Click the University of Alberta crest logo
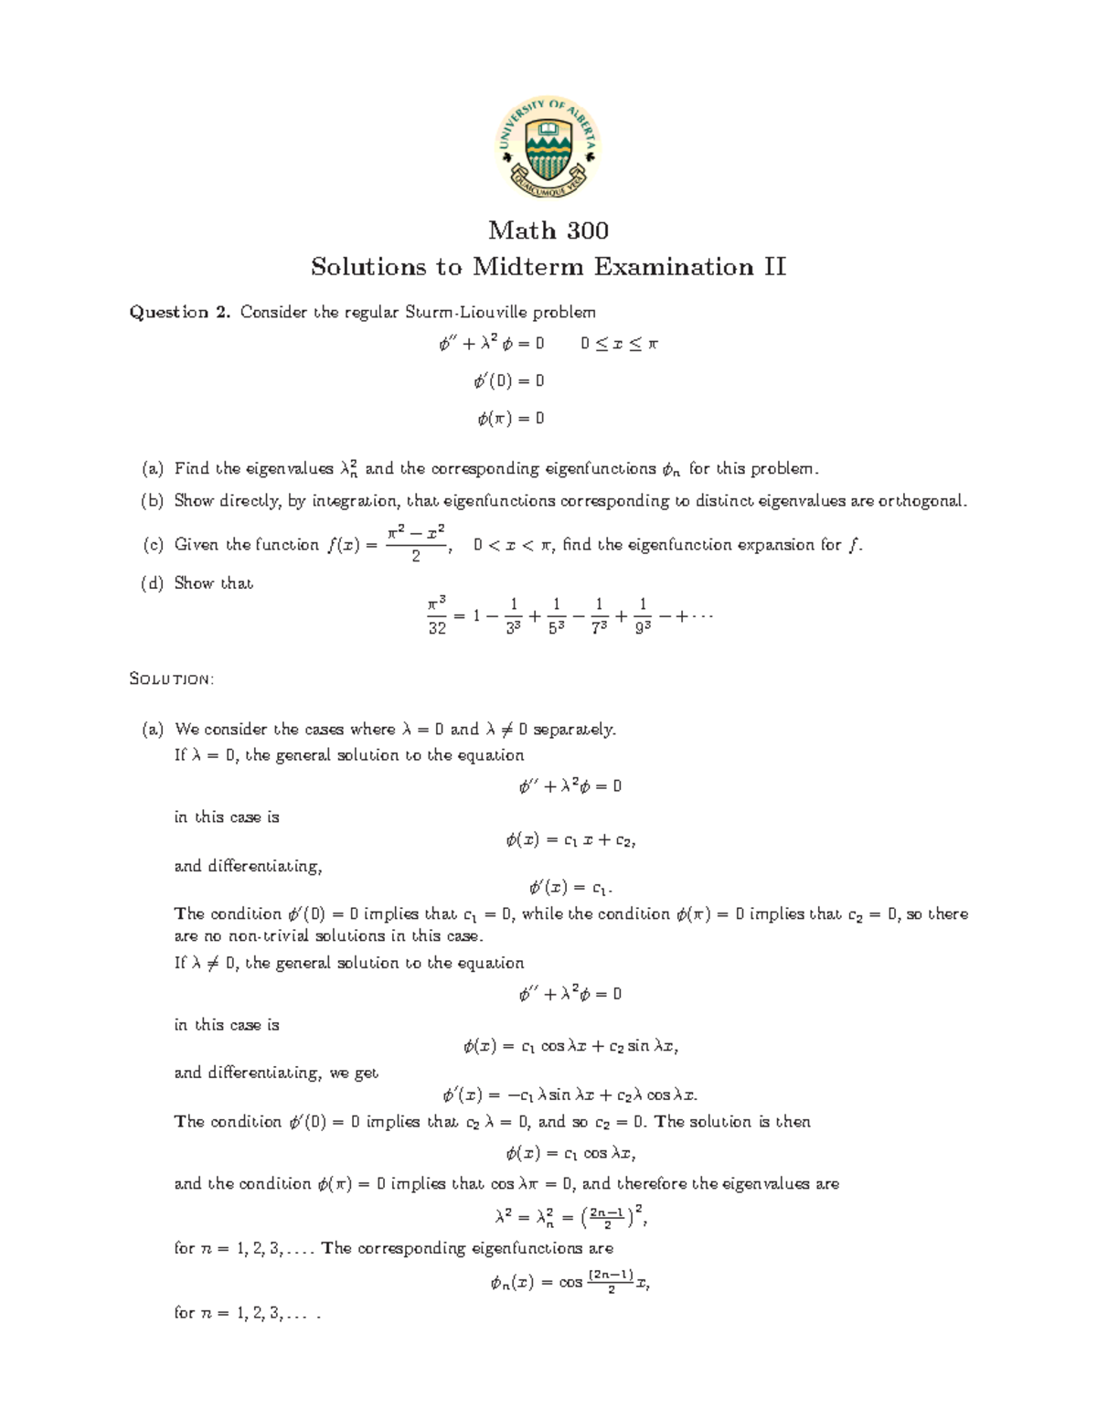click(x=548, y=147)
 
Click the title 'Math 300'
click(x=548, y=230)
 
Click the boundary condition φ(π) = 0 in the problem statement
click(x=510, y=419)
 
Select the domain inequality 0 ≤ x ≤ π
click(x=619, y=345)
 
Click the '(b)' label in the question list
click(x=152, y=501)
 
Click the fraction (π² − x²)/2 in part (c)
click(x=416, y=543)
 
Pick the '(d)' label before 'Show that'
click(x=152, y=583)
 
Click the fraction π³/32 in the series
click(x=437, y=615)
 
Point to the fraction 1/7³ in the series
click(x=599, y=615)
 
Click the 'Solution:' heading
click(x=172, y=679)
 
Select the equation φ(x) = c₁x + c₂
click(x=570, y=840)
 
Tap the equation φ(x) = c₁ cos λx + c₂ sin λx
click(x=570, y=1047)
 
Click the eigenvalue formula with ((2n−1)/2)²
click(x=570, y=1217)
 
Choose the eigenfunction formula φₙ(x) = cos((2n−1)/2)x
click(x=570, y=1282)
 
